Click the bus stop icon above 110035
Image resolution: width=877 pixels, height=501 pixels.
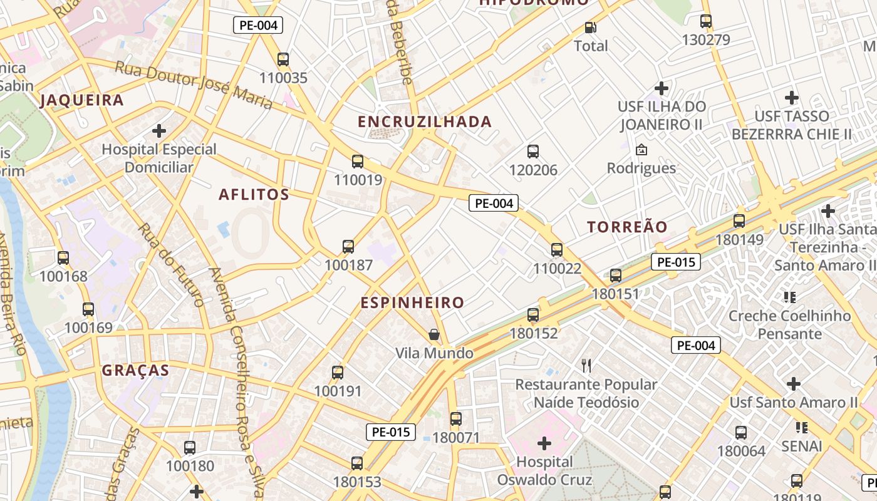pyautogui.click(x=283, y=59)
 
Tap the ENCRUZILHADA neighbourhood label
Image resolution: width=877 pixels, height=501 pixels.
pyautogui.click(x=425, y=121)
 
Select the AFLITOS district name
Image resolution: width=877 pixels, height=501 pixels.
pyautogui.click(x=254, y=195)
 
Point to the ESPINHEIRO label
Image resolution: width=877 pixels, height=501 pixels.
pyautogui.click(x=412, y=303)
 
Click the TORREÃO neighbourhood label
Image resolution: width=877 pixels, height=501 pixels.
pyautogui.click(x=627, y=227)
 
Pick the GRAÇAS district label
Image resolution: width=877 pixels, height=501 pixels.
pyautogui.click(x=135, y=370)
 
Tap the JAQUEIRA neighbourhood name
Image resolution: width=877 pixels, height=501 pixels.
pyautogui.click(x=81, y=100)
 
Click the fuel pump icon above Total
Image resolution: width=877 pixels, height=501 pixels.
pyautogui.click(x=590, y=28)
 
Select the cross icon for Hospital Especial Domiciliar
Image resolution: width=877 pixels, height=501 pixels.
pyautogui.click(x=159, y=131)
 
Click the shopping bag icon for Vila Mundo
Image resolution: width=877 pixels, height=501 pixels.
pyautogui.click(x=433, y=335)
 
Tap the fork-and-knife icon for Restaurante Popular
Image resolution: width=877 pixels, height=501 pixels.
pyautogui.click(x=586, y=366)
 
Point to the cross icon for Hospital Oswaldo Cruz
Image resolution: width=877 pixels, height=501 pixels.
pyautogui.click(x=544, y=444)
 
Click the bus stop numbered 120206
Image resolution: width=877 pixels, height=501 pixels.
pyautogui.click(x=533, y=152)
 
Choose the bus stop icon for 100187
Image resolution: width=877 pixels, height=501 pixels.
pyautogui.click(x=348, y=247)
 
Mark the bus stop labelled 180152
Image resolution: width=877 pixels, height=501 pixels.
pyautogui.click(x=533, y=315)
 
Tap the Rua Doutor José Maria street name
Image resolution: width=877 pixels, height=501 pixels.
pyautogui.click(x=194, y=84)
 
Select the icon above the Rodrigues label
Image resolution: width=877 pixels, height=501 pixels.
pyautogui.click(x=641, y=150)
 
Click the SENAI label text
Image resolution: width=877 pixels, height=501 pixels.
pyautogui.click(x=801, y=446)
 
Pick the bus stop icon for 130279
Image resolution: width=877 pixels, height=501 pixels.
pyautogui.click(x=706, y=21)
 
